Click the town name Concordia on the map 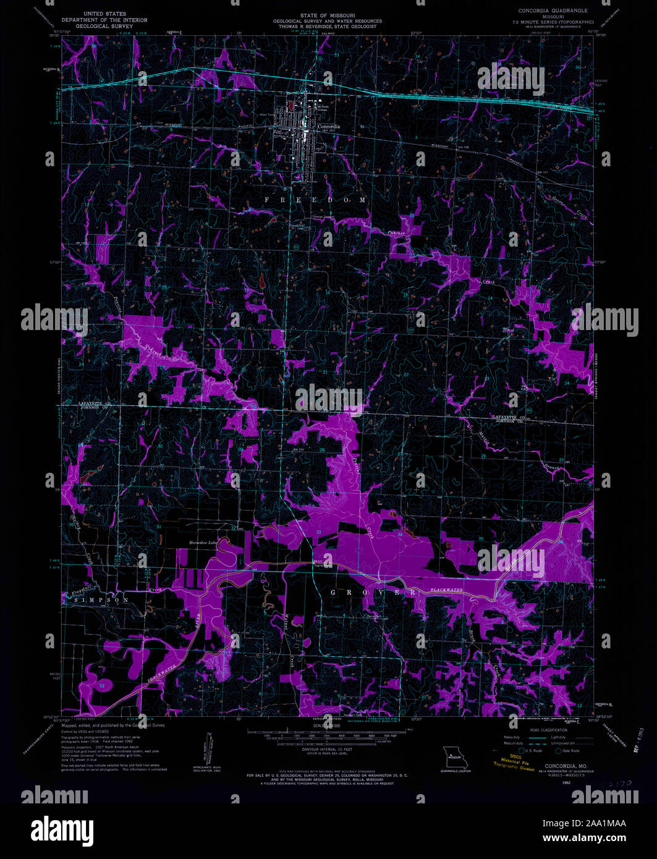point(329,125)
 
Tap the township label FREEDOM point(315,200)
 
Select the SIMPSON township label point(98,600)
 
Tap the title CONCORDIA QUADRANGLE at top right point(553,11)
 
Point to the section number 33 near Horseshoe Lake point(318,532)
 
